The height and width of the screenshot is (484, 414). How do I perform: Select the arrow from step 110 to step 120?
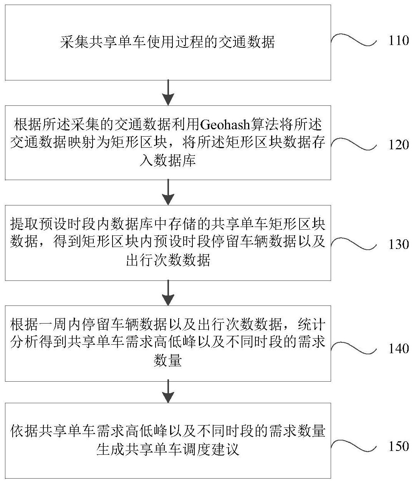pyautogui.click(x=168, y=92)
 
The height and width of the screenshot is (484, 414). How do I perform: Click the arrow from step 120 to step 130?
pyautogui.click(x=168, y=192)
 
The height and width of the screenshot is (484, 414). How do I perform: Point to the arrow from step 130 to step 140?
pyautogui.click(x=168, y=293)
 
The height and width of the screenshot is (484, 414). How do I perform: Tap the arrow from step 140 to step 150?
pyautogui.click(x=168, y=392)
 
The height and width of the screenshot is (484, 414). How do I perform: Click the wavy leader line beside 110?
pyautogui.click(x=353, y=40)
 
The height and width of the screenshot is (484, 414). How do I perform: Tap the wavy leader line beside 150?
pyautogui.click(x=353, y=446)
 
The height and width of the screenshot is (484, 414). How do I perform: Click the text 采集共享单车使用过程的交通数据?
pyautogui.click(x=168, y=42)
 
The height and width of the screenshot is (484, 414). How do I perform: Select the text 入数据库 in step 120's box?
pyautogui.click(x=168, y=160)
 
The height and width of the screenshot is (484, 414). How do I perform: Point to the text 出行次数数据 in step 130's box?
pyautogui.click(x=168, y=260)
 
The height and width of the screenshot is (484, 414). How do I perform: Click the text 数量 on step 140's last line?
pyautogui.click(x=168, y=361)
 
